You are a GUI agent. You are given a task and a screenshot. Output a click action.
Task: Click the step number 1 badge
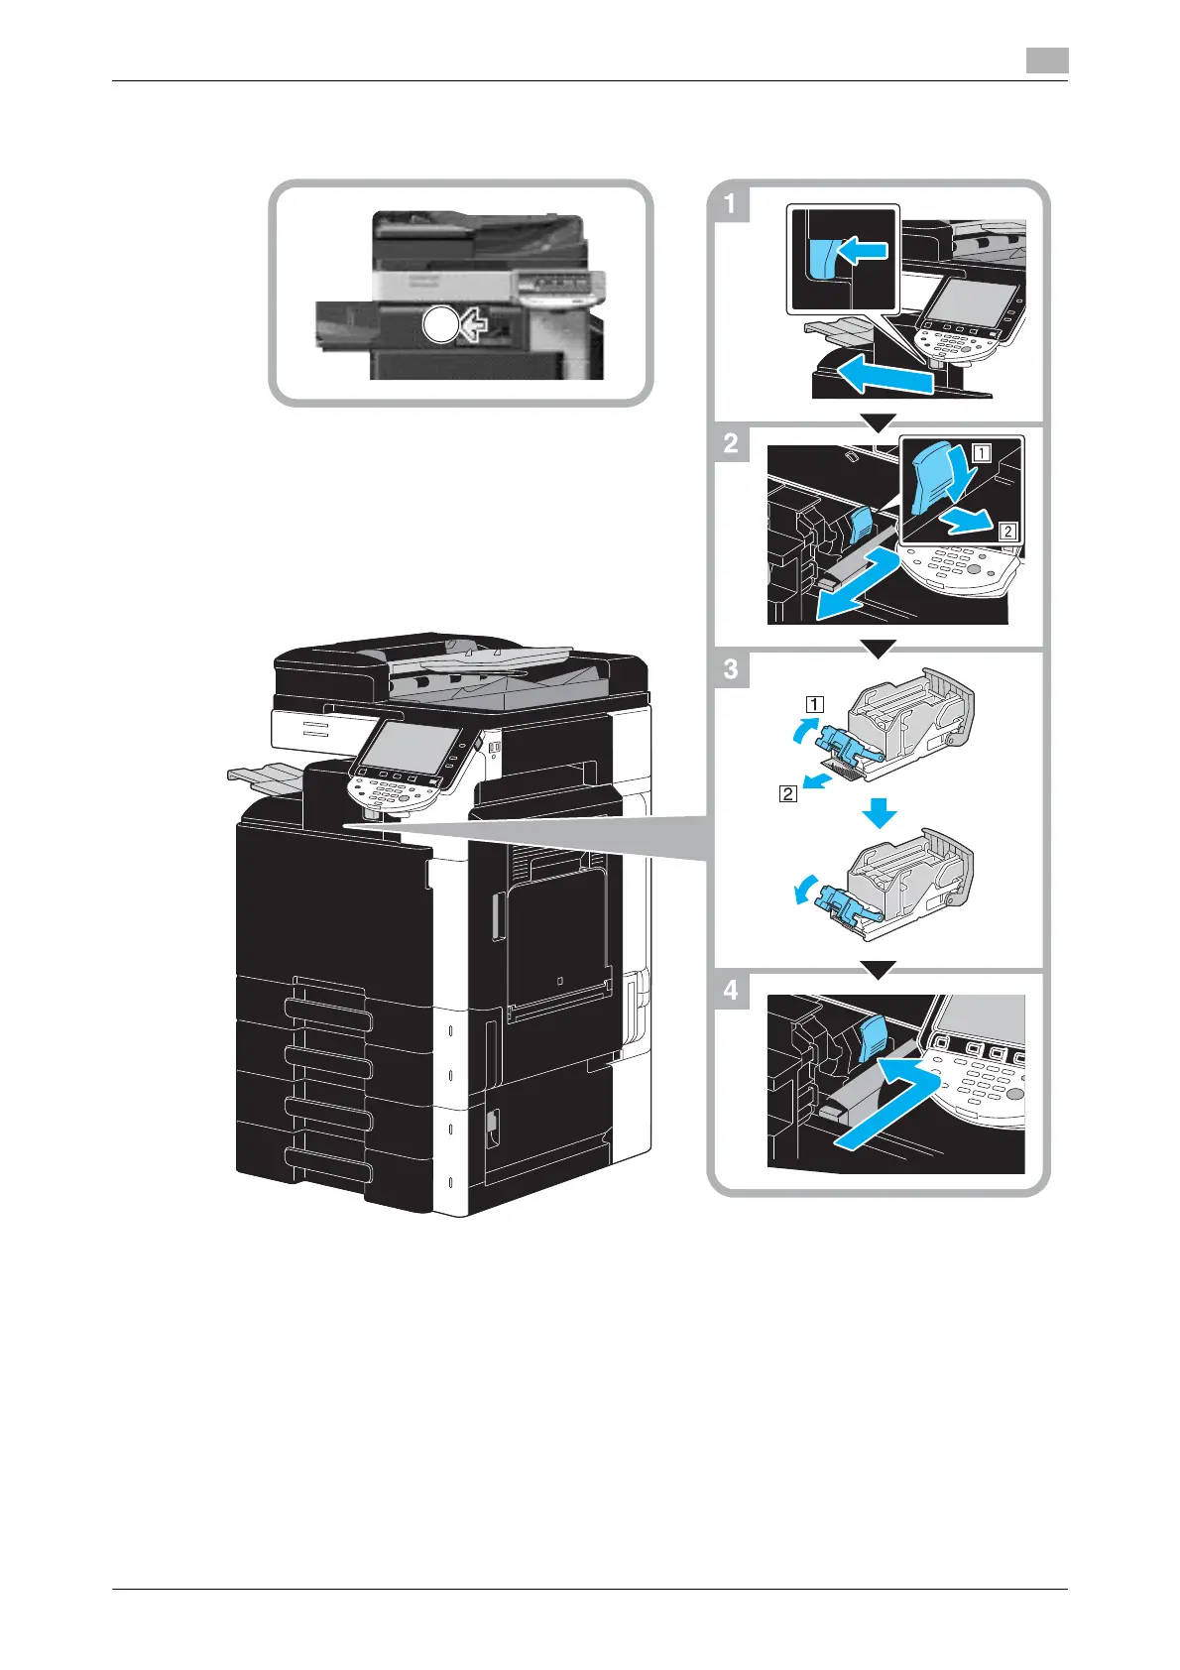click(731, 205)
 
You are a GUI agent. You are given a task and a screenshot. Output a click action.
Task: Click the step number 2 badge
click(731, 442)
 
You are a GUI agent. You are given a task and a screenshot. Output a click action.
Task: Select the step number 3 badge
click(731, 668)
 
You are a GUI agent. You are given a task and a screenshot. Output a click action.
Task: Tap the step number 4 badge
click(731, 990)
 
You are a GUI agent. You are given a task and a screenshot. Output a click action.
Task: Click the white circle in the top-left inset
click(440, 324)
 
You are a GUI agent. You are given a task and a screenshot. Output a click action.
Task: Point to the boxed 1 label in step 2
click(981, 453)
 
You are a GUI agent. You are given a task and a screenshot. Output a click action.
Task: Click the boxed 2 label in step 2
click(1007, 532)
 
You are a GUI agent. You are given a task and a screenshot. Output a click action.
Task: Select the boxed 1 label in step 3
click(813, 706)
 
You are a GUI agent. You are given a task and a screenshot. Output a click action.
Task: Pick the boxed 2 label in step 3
click(788, 793)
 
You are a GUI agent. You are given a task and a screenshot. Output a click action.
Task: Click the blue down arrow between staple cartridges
click(879, 814)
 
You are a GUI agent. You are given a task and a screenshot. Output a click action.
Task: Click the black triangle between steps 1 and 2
click(879, 423)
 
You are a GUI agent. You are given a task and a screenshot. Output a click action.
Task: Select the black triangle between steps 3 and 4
click(879, 969)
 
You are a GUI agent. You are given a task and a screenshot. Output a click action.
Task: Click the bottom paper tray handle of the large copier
click(327, 1166)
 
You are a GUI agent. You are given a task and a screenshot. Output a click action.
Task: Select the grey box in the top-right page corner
click(1046, 61)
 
